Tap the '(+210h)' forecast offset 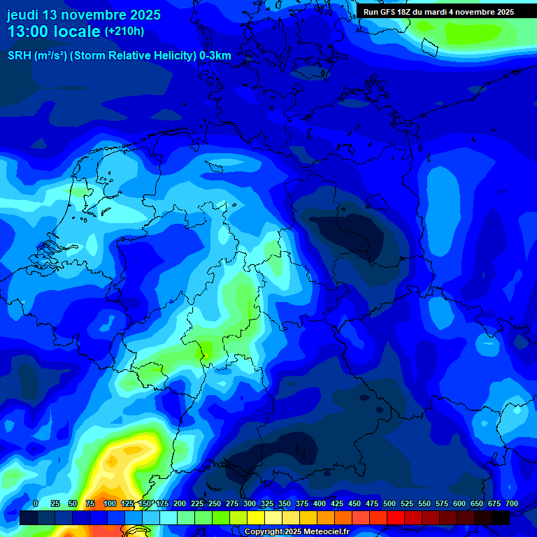click(124, 31)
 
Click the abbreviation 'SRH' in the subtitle click(20, 56)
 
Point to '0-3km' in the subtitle click(215, 56)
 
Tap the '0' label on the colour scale click(36, 504)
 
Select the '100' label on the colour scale click(110, 504)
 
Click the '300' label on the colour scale click(250, 504)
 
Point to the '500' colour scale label click(389, 504)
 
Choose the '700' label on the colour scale click(511, 504)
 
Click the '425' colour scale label click(337, 504)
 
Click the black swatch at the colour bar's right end click(501, 517)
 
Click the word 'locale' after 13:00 click(78, 31)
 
